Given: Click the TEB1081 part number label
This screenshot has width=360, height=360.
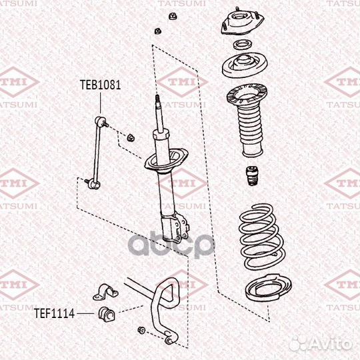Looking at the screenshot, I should click(99, 86).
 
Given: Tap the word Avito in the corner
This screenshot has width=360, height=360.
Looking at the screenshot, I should click(330, 342).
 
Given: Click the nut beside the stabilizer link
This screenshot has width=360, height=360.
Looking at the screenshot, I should click(131, 137).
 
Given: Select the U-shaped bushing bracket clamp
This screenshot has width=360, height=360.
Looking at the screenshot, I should click(105, 291).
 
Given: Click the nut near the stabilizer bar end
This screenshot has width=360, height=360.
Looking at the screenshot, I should click(141, 330).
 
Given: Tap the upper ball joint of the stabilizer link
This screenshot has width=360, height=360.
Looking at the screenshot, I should click(101, 121).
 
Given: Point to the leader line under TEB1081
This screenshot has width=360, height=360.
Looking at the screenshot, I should click(99, 103).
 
